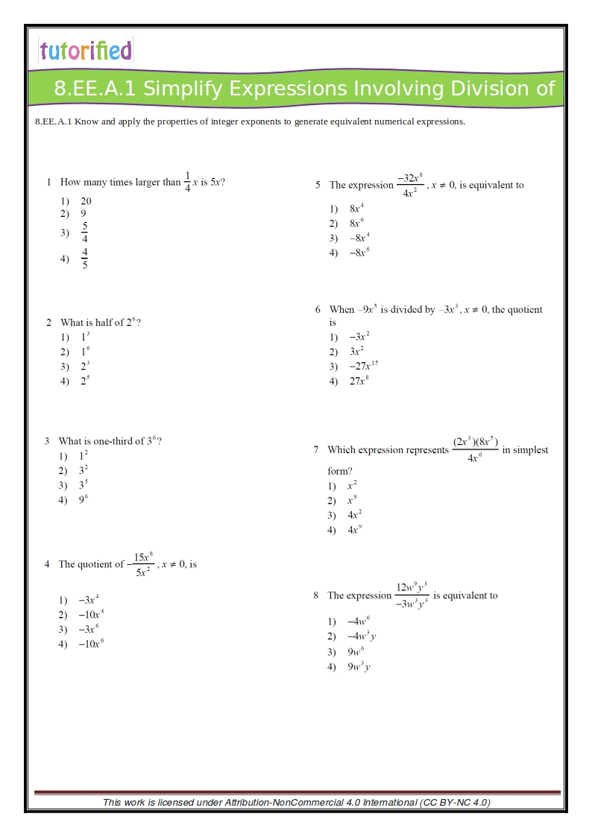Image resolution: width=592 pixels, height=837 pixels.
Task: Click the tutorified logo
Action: (86, 51)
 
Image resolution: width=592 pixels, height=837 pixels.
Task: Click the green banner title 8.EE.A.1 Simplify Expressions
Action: (304, 89)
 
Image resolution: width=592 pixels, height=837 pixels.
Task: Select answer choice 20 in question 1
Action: (86, 201)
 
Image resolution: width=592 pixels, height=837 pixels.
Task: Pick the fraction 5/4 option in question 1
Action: (85, 233)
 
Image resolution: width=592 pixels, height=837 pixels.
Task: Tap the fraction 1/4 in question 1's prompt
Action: (187, 183)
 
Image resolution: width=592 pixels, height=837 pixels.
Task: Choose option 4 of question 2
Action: (85, 381)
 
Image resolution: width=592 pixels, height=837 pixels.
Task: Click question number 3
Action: (47, 441)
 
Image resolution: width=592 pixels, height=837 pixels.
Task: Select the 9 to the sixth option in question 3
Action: (84, 500)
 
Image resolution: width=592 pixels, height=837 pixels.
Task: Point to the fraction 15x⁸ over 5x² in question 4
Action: (142, 564)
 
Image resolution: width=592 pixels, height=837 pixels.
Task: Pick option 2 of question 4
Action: (91, 615)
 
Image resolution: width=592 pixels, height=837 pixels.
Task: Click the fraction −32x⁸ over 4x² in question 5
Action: (409, 185)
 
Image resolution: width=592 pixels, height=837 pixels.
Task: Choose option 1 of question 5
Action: (356, 209)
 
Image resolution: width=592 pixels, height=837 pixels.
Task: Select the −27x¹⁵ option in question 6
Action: (363, 366)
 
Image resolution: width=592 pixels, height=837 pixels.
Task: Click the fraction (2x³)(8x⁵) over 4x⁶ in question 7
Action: (475, 449)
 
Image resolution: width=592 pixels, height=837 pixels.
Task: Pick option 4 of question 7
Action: (354, 531)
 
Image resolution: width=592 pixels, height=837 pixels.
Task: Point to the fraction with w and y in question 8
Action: (412, 596)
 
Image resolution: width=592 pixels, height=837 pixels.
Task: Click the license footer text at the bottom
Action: (296, 802)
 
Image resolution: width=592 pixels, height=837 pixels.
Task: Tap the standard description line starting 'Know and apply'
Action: (250, 121)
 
